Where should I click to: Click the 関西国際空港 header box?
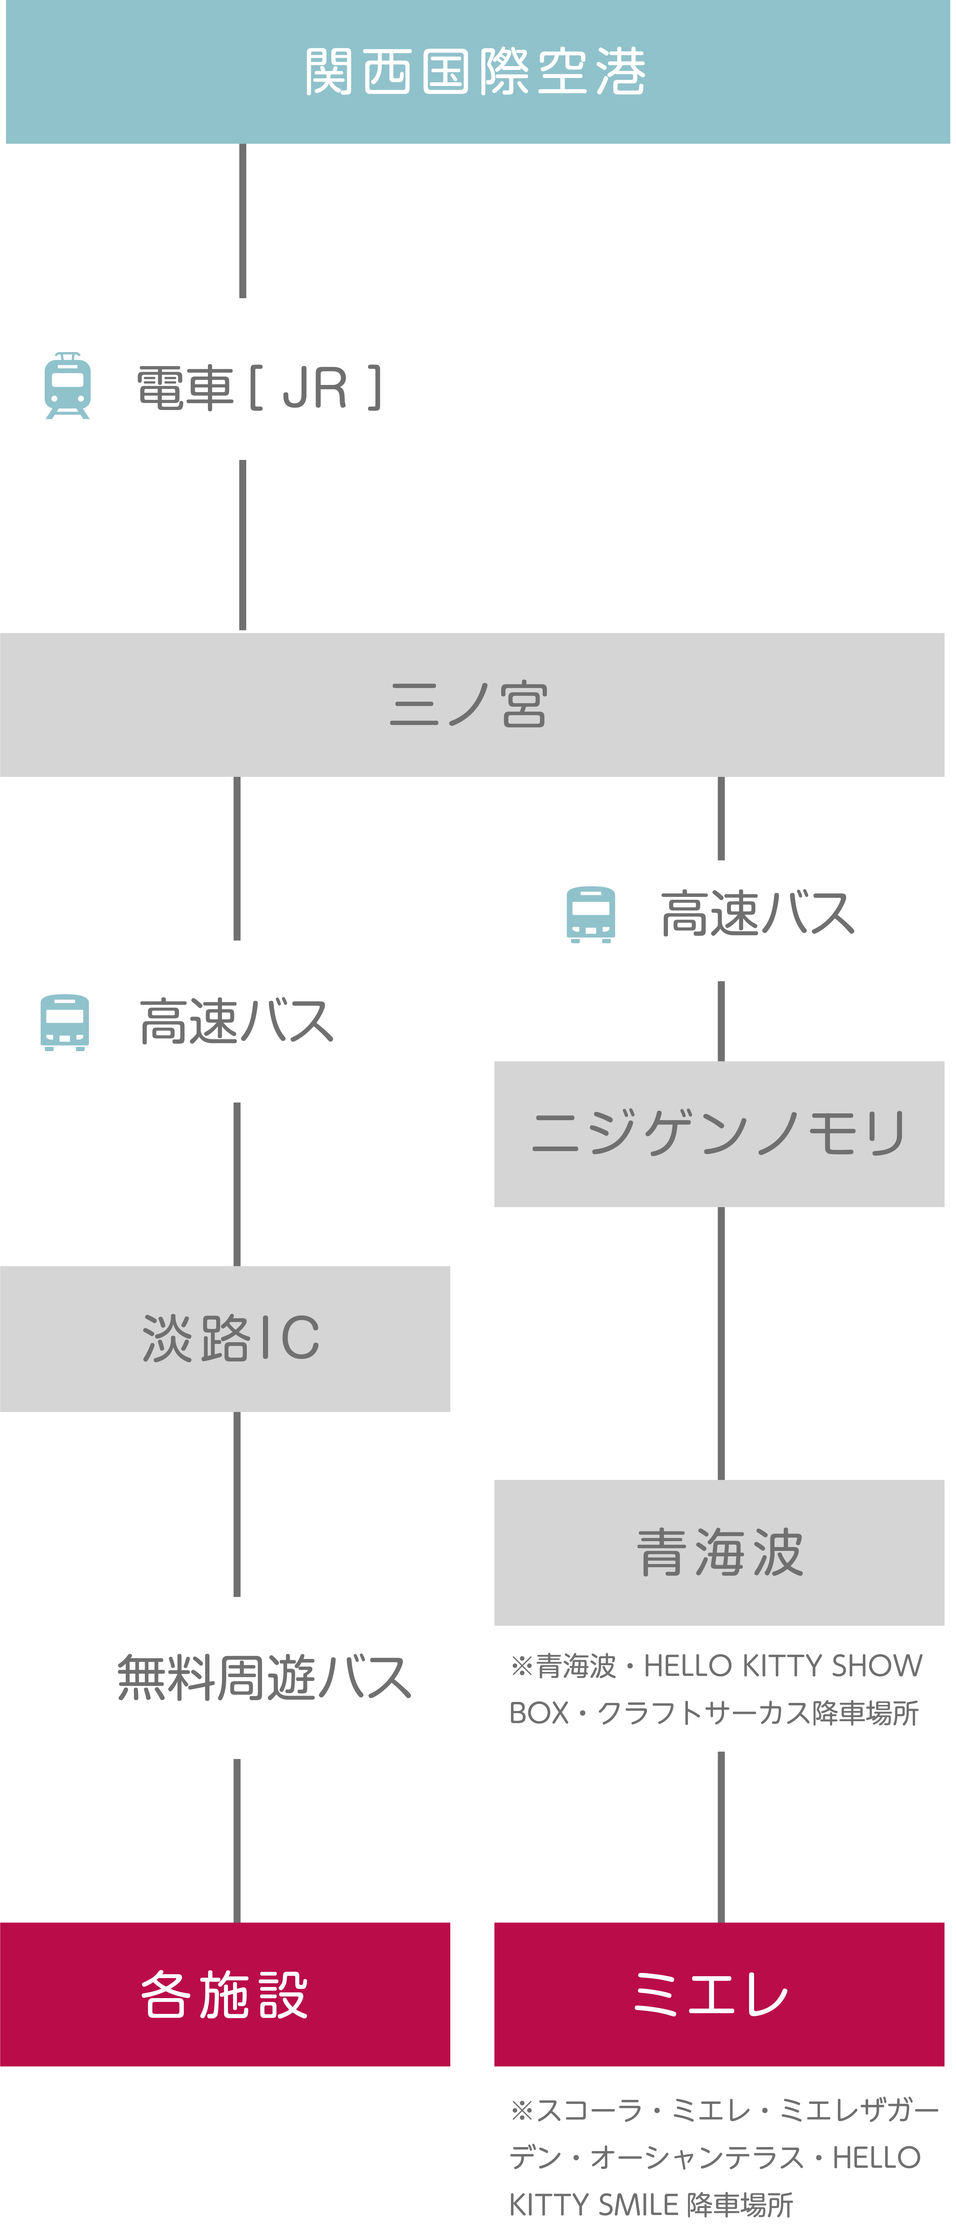(x=478, y=72)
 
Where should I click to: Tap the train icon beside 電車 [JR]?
(x=67, y=385)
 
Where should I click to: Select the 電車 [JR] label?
(x=258, y=387)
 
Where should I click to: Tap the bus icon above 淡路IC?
(x=65, y=1022)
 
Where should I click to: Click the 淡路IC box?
(x=225, y=1338)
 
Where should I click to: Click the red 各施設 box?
(x=225, y=1994)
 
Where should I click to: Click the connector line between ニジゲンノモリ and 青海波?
(x=721, y=1343)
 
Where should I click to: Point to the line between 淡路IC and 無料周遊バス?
(x=237, y=1504)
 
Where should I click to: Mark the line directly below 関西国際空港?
(x=243, y=220)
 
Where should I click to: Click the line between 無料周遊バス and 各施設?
(x=237, y=1841)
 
